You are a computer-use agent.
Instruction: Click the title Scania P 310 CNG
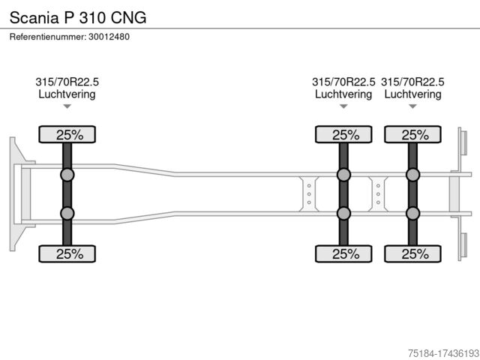(78, 17)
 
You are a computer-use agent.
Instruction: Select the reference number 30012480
(109, 37)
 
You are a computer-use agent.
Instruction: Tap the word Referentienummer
(48, 37)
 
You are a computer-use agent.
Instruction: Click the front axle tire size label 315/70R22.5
(67, 82)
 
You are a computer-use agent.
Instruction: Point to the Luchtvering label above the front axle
(67, 94)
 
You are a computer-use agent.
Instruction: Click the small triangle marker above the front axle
(67, 106)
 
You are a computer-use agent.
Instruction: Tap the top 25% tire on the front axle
(67, 134)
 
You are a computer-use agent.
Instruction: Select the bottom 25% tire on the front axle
(67, 253)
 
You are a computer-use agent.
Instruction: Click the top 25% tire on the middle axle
(343, 134)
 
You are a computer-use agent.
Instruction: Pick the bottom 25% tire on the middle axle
(343, 253)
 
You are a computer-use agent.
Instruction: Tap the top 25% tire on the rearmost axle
(412, 134)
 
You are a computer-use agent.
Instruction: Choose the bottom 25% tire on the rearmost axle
(412, 253)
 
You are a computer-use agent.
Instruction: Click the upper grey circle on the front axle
(67, 175)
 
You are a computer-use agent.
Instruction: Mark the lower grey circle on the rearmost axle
(412, 213)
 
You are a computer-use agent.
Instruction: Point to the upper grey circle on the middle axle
(343, 175)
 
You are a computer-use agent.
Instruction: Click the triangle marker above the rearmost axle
(412, 106)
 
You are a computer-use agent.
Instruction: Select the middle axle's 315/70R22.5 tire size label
(343, 82)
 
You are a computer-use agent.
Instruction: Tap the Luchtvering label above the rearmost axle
(412, 94)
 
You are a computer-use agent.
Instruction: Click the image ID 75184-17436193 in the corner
(443, 353)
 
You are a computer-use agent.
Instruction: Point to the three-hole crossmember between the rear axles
(378, 194)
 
